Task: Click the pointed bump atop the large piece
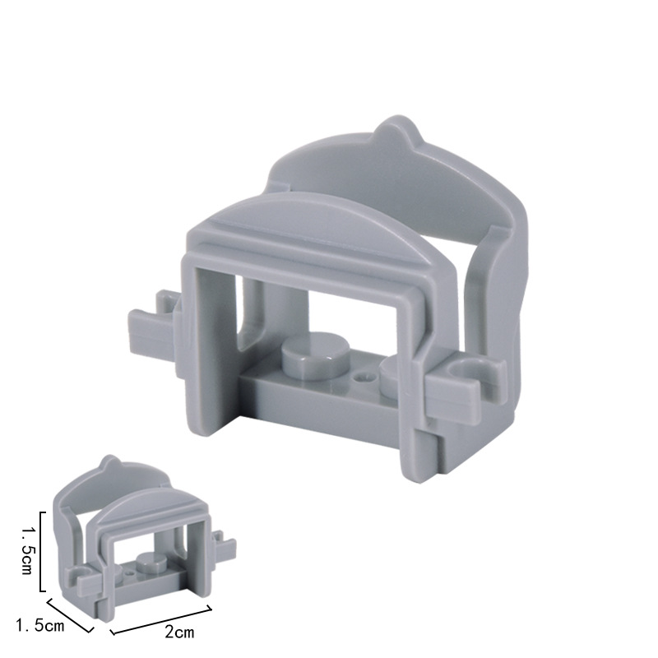coord(396,131)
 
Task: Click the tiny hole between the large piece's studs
coord(364,377)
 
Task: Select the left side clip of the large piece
coord(154,330)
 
